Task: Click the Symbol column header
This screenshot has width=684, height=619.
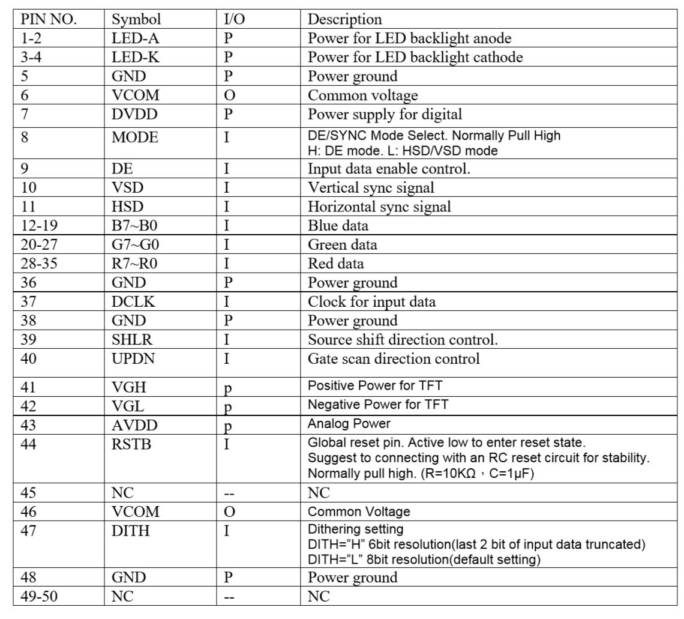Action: (x=136, y=19)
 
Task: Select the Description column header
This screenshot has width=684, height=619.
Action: (x=344, y=19)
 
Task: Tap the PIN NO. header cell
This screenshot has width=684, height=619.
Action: (x=49, y=19)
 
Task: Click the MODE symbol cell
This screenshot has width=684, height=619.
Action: (x=135, y=137)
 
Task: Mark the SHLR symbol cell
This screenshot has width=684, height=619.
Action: (x=132, y=340)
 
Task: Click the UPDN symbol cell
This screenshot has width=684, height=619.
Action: (x=133, y=359)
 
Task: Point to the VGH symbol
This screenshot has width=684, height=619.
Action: (x=128, y=388)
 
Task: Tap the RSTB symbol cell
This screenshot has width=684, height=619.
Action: (x=130, y=445)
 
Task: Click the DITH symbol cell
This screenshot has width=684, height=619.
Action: (x=130, y=531)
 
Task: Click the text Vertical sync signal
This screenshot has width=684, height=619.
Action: (x=371, y=188)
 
